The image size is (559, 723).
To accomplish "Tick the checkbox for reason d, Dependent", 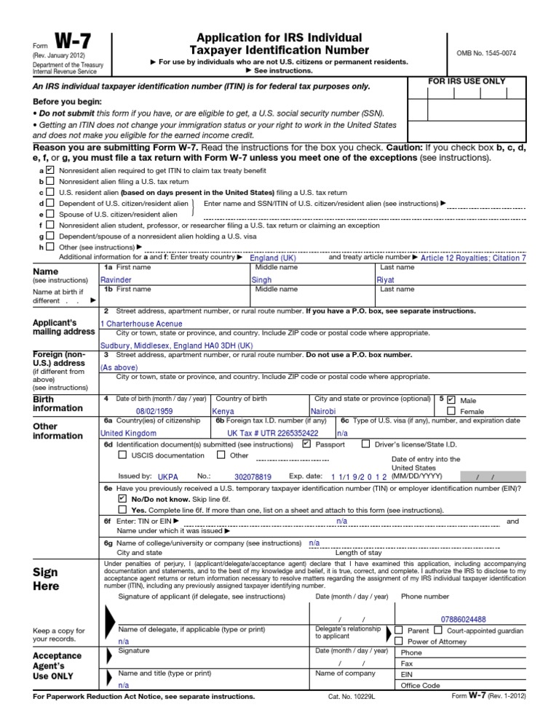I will tap(49, 204).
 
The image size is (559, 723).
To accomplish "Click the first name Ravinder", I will tap(116, 279).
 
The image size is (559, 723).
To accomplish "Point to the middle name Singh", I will tap(261, 279).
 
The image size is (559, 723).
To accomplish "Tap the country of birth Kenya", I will tap(222, 411).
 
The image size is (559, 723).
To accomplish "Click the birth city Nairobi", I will tap(324, 411).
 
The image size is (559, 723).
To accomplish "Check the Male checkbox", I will tap(451, 400).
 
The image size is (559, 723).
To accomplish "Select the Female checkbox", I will tap(451, 411).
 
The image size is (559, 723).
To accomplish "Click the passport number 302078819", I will tap(253, 477).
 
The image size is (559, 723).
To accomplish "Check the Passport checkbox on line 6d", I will tap(306, 444).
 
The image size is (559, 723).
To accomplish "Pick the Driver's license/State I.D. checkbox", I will tap(365, 444).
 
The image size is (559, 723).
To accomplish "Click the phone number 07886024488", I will tap(464, 619).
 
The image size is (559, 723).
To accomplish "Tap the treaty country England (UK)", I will tap(273, 258).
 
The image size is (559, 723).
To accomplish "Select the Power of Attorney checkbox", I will tap(399, 641).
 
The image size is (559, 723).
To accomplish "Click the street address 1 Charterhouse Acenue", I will tap(141, 324).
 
